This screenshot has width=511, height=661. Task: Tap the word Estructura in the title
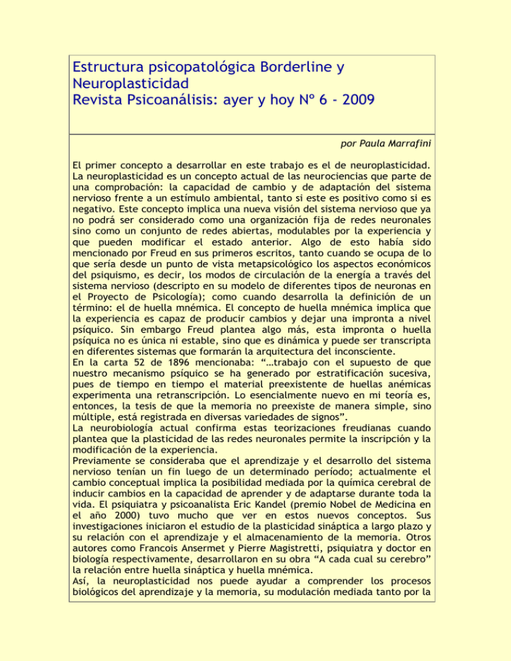click(x=111, y=67)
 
